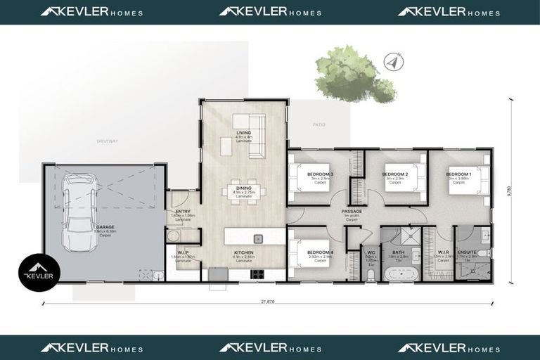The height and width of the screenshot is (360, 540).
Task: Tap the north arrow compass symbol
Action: coord(393,63)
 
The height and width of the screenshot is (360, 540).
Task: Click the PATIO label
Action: coord(319,124)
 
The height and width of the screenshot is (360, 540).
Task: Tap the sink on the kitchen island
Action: coord(258,238)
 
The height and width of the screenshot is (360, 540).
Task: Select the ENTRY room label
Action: coord(183,212)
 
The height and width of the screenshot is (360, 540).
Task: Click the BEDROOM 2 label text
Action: coord(397,174)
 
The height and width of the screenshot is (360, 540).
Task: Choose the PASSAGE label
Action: coord(352,211)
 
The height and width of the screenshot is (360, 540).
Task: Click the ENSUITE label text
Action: coord(467,252)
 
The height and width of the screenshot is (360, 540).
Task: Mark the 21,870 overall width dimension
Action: coord(267,302)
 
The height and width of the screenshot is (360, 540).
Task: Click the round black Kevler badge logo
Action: coord(39,271)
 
